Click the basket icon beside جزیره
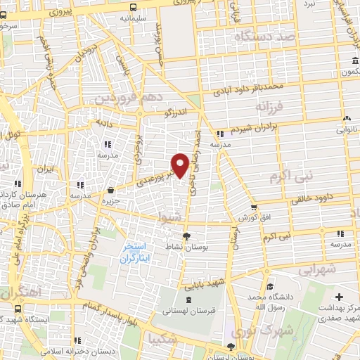click(111, 190)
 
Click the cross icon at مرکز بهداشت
click(340, 298)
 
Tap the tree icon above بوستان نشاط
click(186, 236)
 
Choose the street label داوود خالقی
click(307, 200)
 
